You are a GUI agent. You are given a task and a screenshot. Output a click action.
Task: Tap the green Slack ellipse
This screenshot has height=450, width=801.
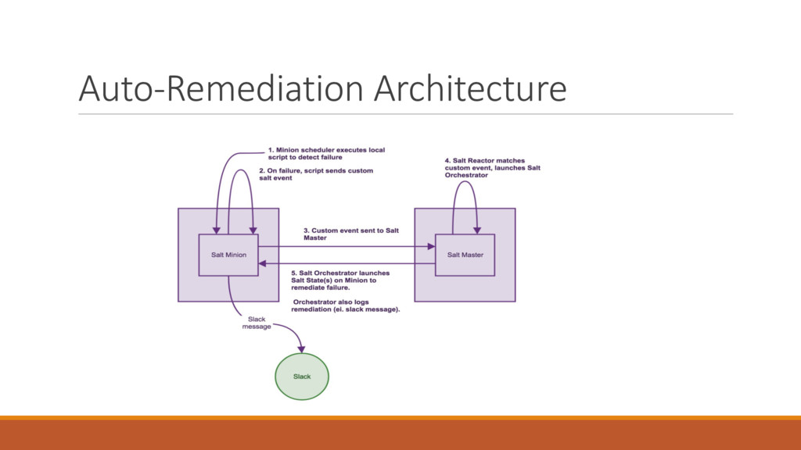coord(302,377)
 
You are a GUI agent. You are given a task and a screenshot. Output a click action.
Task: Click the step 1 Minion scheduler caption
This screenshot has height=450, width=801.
coord(325,153)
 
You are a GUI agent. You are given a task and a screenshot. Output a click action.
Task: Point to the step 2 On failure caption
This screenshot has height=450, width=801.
coord(316,174)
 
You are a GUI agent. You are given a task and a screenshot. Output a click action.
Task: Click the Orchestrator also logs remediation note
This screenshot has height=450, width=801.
coord(346,305)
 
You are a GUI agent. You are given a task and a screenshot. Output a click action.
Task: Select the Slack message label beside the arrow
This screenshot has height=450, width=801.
coord(257,323)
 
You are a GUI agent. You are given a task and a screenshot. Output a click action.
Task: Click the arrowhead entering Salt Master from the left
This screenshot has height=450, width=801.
coord(431,245)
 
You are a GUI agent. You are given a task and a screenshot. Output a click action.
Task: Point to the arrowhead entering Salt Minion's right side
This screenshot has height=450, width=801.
coord(263,264)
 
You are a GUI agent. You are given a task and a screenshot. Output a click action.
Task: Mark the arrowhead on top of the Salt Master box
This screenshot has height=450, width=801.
coord(476,230)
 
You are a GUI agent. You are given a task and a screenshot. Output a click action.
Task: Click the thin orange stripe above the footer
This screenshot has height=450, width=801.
coord(400,417)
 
